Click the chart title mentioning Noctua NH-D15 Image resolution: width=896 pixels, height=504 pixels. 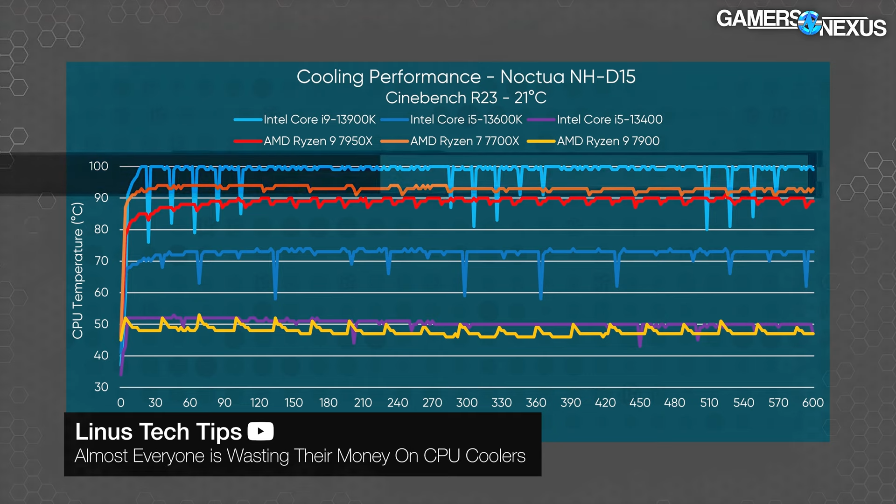point(466,77)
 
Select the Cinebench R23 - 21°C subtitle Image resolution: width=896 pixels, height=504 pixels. point(466,98)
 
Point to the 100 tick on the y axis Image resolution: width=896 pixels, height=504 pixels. point(98,166)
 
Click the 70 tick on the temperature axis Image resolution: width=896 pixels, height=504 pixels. point(101,261)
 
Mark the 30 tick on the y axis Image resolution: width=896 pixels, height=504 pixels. point(101,387)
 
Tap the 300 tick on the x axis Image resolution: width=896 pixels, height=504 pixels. point(467,403)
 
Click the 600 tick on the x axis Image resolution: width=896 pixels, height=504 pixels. point(812,403)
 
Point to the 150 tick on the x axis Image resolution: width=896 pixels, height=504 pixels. point(294,403)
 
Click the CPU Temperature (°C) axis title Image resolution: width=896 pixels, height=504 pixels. point(77,271)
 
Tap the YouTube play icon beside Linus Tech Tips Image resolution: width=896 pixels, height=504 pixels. point(260,431)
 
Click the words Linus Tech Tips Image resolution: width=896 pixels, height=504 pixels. point(158,432)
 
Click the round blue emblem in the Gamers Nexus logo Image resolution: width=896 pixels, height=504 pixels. point(809,23)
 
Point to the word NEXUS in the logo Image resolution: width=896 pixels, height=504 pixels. point(853,28)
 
